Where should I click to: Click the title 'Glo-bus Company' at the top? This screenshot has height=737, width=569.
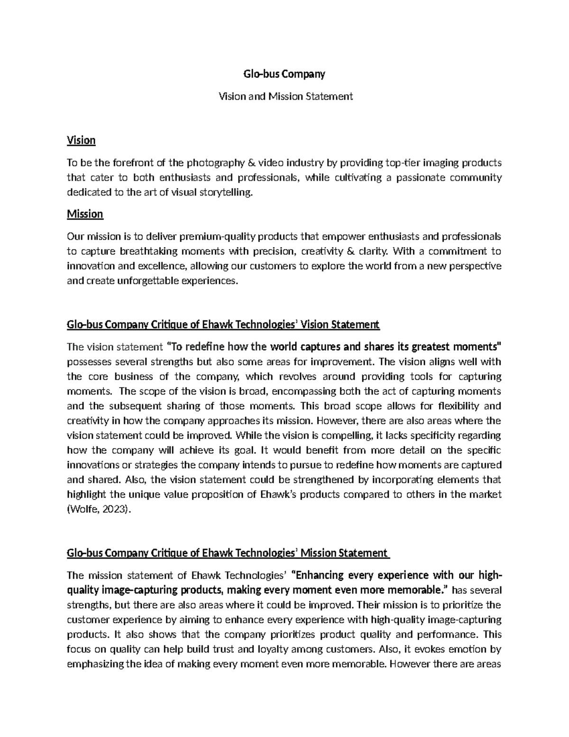[x=284, y=74]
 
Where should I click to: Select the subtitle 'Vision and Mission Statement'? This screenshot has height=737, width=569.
[x=284, y=96]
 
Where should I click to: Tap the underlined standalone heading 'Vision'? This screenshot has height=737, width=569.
[x=81, y=140]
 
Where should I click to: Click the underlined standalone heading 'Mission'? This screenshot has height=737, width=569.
[x=85, y=214]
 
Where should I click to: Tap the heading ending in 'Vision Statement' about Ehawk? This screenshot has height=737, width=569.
[x=223, y=325]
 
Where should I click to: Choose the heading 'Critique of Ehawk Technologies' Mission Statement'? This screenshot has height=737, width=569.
[x=228, y=553]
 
